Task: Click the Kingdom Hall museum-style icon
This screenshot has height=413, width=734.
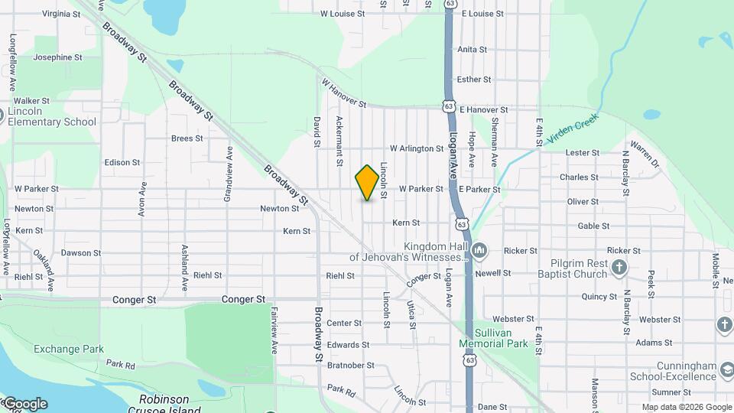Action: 479,250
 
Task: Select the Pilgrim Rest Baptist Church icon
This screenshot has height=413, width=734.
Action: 619,268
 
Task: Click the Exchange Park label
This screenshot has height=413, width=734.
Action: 69,350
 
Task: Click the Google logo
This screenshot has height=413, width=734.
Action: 24,404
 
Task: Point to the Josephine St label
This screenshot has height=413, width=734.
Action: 57,57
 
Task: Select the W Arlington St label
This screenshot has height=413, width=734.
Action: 417,148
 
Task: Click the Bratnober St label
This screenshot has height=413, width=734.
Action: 348,366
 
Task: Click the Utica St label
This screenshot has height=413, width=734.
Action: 411,314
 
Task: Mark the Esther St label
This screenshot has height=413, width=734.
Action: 473,80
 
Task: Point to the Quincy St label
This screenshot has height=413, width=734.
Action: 599,297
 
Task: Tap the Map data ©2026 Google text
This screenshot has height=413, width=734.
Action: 687,407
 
